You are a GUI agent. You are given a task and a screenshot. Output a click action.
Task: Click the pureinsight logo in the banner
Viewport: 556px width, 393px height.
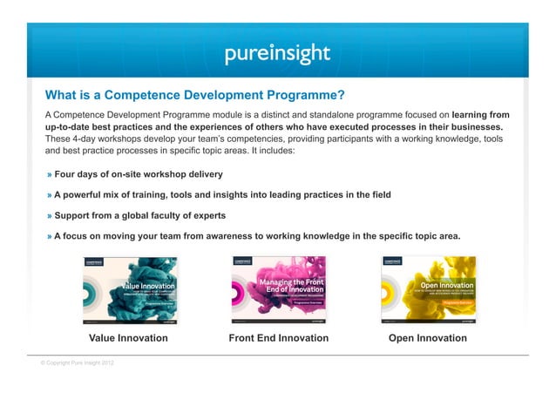click(x=277, y=54)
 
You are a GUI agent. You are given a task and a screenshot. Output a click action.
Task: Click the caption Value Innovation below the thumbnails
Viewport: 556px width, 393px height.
click(x=129, y=338)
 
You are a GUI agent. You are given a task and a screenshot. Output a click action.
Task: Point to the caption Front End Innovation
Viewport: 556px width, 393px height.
click(x=278, y=338)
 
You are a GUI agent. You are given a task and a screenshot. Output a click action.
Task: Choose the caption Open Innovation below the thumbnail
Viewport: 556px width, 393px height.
click(x=428, y=338)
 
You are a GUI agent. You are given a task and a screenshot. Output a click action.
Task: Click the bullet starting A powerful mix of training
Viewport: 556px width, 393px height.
click(x=222, y=194)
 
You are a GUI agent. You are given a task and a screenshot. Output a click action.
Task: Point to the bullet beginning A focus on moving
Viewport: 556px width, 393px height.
click(x=256, y=236)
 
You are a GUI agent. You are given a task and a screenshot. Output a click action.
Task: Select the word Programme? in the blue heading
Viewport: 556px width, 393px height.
click(x=309, y=95)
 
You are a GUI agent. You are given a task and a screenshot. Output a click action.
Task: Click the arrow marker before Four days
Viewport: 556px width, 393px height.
click(x=50, y=173)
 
